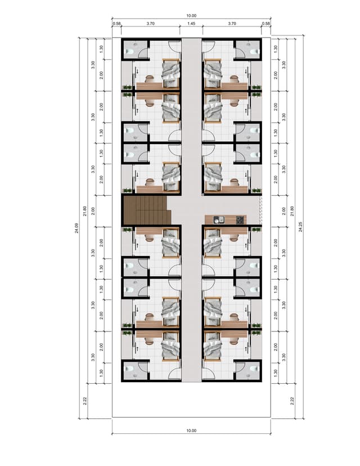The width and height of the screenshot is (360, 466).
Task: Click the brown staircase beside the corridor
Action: tap(147, 210)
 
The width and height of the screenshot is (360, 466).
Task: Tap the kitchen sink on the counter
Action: tap(219, 220)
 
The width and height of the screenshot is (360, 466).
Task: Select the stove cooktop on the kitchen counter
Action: tap(240, 220)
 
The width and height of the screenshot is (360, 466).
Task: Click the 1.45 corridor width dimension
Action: tap(192, 24)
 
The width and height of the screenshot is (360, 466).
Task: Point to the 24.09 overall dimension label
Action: tap(76, 228)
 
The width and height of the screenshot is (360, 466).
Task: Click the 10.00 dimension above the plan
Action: tap(192, 16)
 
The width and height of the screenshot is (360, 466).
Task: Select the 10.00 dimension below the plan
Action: tap(192, 431)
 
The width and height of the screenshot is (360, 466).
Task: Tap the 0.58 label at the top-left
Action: tap(117, 24)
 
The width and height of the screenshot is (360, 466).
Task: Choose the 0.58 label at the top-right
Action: tap(266, 24)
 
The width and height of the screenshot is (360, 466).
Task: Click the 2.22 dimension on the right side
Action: tap(292, 401)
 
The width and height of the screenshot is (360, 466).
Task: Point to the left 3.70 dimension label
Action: tap(151, 24)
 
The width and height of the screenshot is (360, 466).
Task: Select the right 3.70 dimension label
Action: tap(232, 24)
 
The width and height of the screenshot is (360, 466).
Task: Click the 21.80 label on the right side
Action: tap(292, 211)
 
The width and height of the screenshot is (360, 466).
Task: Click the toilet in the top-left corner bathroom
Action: tap(129, 51)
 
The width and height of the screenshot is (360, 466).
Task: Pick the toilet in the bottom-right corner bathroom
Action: tap(254, 369)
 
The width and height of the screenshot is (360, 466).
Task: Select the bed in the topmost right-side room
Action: tap(213, 73)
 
